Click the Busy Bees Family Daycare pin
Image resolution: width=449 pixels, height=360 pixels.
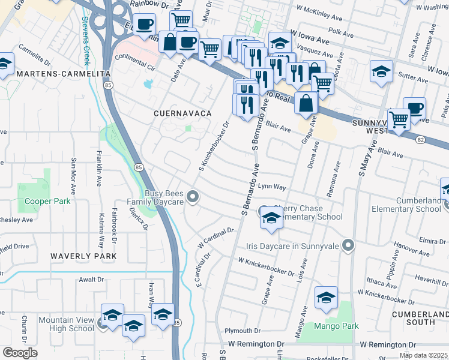(193, 196)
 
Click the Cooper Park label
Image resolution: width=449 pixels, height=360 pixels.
(47, 202)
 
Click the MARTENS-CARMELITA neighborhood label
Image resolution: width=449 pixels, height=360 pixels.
(56, 73)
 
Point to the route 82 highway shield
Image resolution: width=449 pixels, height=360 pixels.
(418, 139)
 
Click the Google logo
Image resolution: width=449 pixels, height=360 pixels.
(20, 353)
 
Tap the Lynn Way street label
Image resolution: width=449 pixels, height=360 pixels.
(271, 187)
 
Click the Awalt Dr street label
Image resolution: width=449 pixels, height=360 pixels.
(92, 280)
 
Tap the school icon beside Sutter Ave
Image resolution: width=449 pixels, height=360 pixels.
(381, 72)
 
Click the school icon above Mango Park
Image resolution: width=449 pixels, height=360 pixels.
(326, 298)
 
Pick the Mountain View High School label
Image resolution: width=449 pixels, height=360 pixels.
(67, 324)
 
